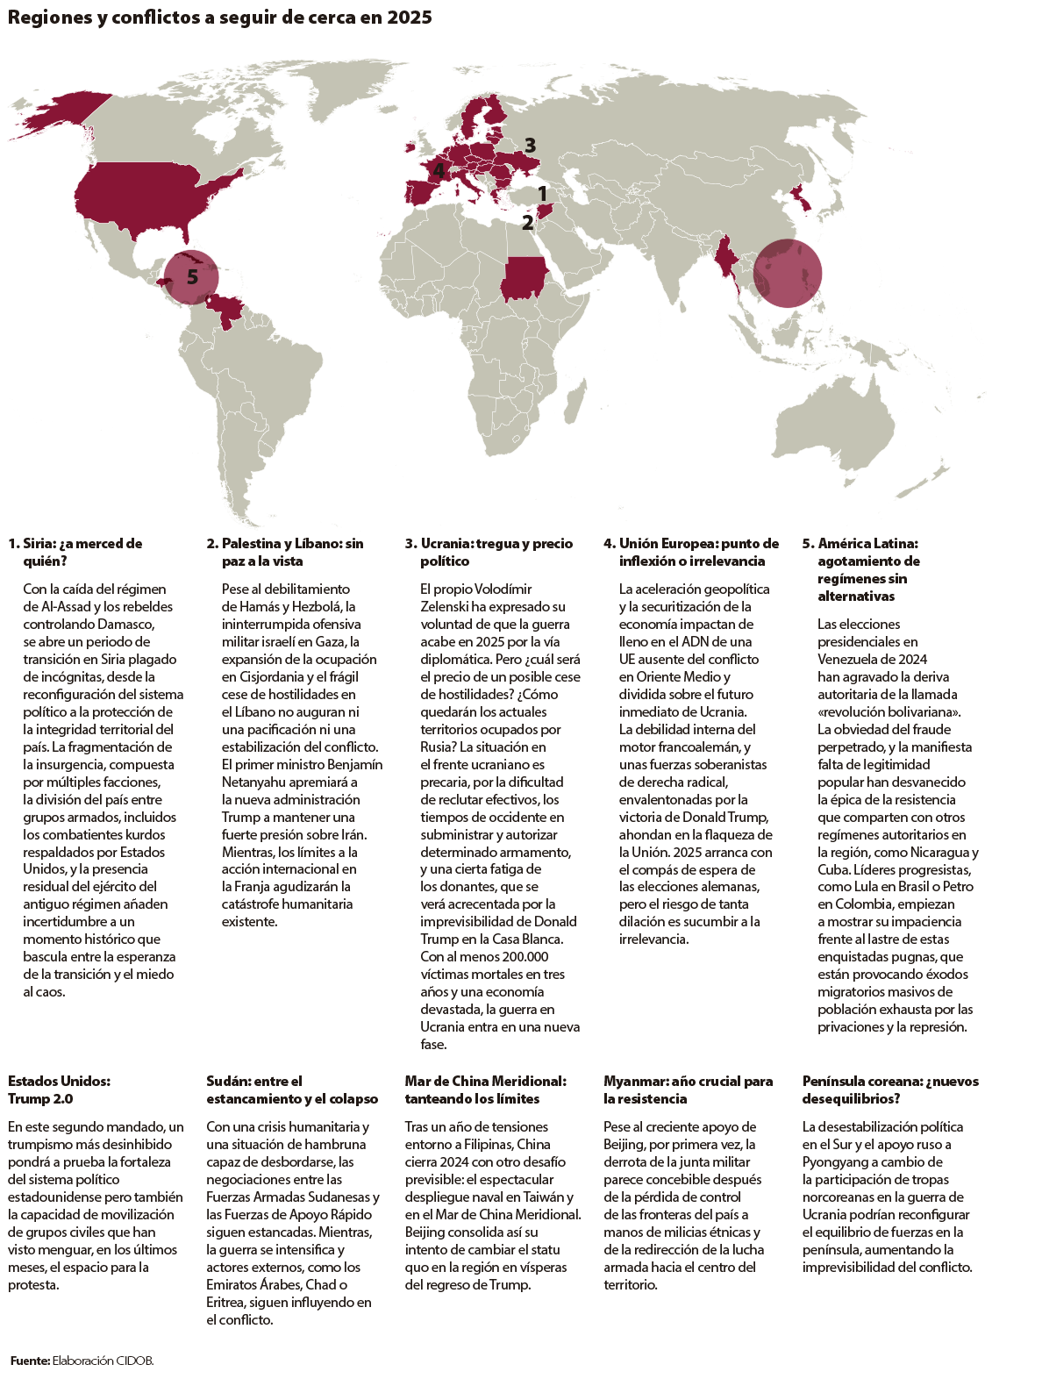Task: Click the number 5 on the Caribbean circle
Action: (x=192, y=277)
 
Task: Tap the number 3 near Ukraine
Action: (x=530, y=146)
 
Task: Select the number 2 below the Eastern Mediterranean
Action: (x=527, y=223)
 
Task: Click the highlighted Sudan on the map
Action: (x=522, y=280)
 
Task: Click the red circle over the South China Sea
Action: (x=788, y=273)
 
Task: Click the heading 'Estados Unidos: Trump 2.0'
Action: (x=59, y=1090)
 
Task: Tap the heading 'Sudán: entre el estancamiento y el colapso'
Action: (x=292, y=1090)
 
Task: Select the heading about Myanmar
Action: (x=688, y=1090)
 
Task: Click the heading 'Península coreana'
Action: (x=889, y=1090)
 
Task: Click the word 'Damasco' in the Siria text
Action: (x=130, y=624)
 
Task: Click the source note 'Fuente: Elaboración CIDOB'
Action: (x=82, y=1360)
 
